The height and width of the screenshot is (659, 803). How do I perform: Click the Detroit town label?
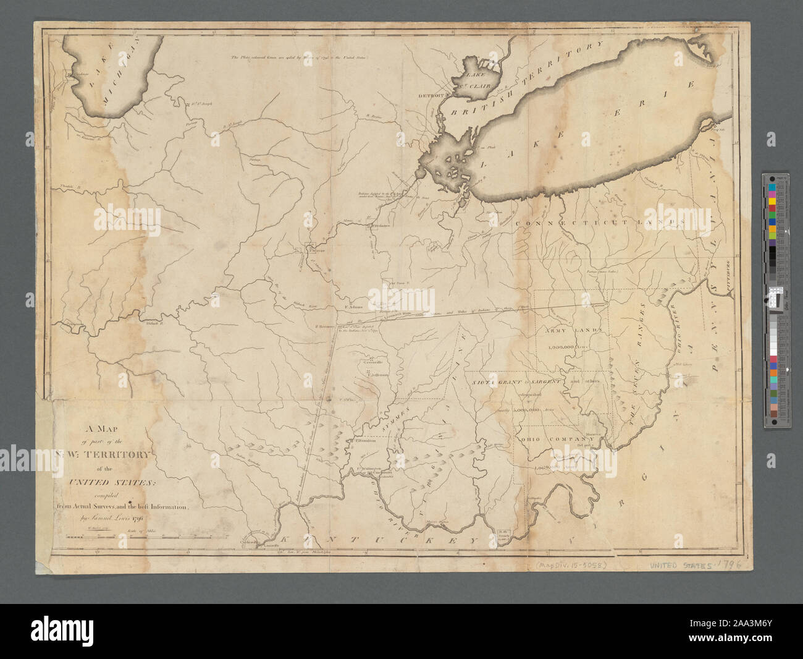(431, 96)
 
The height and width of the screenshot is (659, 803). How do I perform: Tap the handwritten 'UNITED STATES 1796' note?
(694, 565)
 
